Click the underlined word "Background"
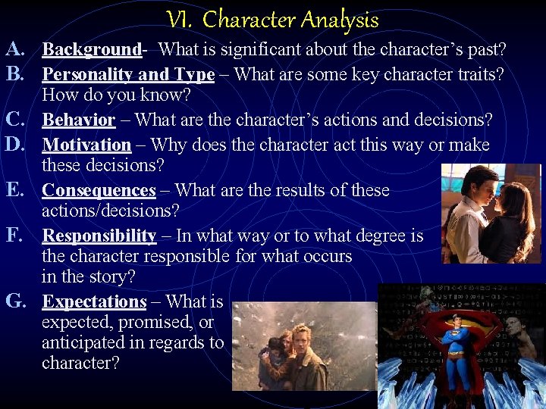tap(91, 50)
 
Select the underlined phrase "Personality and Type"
tap(128, 74)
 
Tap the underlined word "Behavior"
tap(78, 120)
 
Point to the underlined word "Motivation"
tap(86, 144)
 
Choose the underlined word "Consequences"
tap(99, 190)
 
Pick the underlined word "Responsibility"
tap(99, 236)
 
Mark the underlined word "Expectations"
tap(94, 301)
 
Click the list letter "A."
tap(17, 50)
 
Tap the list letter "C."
tap(17, 120)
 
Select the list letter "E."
tap(16, 189)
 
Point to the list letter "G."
tap(17, 301)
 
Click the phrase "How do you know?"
tap(116, 95)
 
